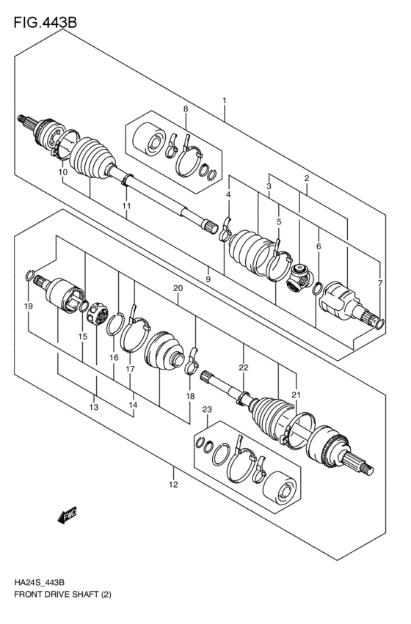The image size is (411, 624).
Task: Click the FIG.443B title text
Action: tap(46, 22)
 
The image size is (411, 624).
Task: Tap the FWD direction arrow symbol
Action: tap(68, 515)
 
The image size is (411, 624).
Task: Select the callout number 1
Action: tap(225, 100)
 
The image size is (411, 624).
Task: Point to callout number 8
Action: tap(186, 109)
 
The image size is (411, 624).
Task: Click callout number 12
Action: tap(173, 484)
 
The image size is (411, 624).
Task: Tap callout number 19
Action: tap(29, 305)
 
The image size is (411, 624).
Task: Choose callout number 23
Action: tap(207, 409)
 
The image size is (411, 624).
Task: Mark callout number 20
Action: tap(176, 288)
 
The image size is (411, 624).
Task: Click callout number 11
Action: tap(126, 206)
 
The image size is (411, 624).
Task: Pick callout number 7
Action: tap(379, 282)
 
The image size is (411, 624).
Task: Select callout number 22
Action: tap(243, 367)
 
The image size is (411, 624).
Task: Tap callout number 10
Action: tap(63, 172)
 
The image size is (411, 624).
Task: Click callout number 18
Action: tap(190, 396)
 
